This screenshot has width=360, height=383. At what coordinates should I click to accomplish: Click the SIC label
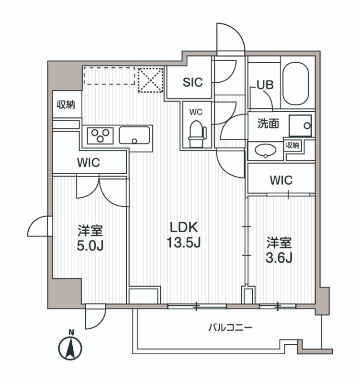pos(192,82)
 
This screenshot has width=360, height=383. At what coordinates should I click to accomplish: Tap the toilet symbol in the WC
pos(196,132)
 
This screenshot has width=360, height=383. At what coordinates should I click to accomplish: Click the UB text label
pos(265,85)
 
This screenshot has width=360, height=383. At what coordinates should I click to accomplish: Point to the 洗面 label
pos(269,124)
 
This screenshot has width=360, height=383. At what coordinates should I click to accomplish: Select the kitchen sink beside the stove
pos(135,135)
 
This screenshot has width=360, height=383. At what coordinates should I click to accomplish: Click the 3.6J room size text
pos(279,257)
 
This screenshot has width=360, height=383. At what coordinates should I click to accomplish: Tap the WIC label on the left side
pos(89,162)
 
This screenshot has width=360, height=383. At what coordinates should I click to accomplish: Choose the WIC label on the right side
pos(281,180)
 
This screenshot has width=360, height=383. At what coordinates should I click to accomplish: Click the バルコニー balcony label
pos(230,328)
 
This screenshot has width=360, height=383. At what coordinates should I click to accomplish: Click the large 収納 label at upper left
pos(66,104)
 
